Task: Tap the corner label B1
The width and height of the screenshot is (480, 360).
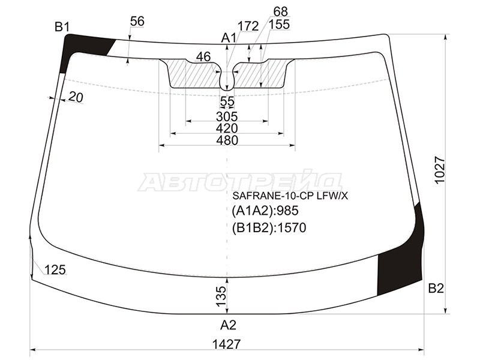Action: coord(62,26)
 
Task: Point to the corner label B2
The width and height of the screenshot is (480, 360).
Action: coord(436,289)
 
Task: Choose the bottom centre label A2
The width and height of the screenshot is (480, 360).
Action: coord(228,325)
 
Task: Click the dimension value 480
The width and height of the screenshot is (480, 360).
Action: coord(227,140)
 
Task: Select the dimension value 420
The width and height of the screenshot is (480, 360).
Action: coord(227,128)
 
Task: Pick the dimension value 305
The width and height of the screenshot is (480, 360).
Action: coord(227,116)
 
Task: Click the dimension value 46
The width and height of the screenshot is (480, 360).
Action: coord(203,57)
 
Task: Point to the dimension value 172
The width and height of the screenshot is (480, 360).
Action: coord(247,26)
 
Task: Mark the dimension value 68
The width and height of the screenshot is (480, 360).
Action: coord(280,11)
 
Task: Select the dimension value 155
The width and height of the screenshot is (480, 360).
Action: coord(279,25)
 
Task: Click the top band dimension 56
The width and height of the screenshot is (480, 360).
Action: coord(137,21)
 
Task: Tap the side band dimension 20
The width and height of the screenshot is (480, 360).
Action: coord(76,97)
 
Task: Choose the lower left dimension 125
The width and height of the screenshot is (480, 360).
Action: coord(55,270)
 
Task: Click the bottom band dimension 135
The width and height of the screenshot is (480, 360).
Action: coord(221,295)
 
